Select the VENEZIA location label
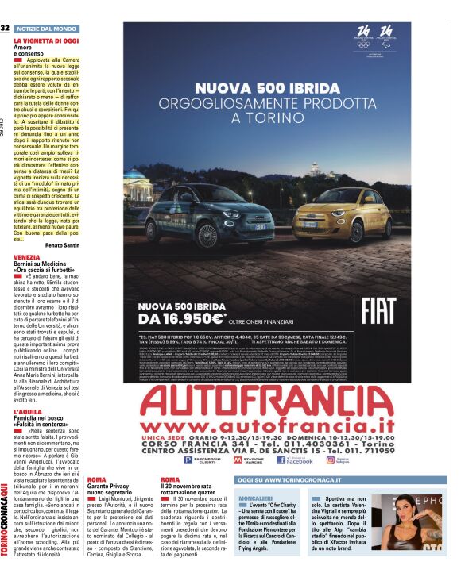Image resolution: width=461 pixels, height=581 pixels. (26, 257)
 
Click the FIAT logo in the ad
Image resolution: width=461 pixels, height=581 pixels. (379, 310)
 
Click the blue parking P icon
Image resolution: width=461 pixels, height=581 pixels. (188, 460)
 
